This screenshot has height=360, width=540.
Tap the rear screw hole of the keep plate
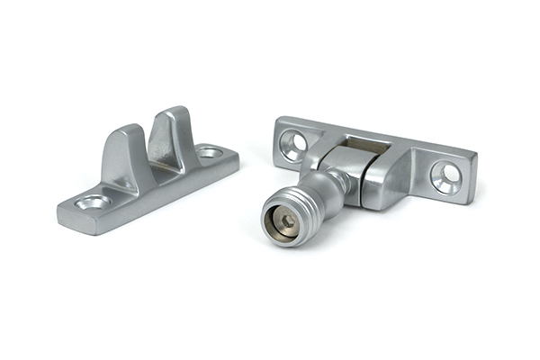(x=210, y=152)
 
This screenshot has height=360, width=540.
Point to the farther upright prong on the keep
(x=173, y=128)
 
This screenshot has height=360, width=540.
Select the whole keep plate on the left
(x=148, y=171)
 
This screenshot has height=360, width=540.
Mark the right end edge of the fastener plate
(x=471, y=180)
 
